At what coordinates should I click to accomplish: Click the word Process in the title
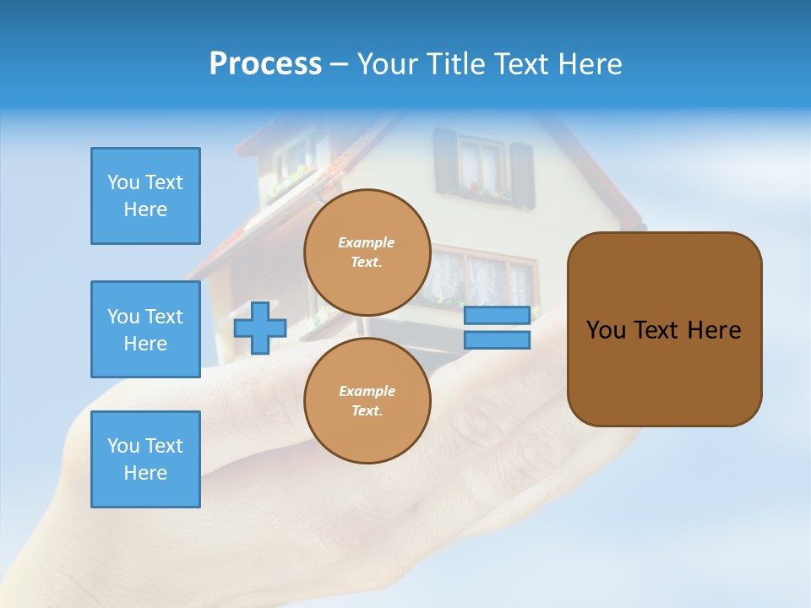(265, 64)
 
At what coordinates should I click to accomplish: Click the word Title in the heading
(457, 64)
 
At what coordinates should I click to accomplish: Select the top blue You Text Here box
(145, 196)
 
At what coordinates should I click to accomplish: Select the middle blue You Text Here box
(145, 329)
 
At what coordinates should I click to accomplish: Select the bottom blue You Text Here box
(145, 459)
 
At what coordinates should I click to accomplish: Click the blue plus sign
(260, 328)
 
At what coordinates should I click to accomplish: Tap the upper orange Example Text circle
(367, 252)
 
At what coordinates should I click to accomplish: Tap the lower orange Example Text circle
(367, 401)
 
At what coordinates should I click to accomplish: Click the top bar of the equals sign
(497, 315)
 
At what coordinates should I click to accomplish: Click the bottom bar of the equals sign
(497, 339)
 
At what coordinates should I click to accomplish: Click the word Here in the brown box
(714, 330)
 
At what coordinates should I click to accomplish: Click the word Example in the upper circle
(366, 242)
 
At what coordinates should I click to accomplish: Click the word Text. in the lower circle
(367, 411)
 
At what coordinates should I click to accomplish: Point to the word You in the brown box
(606, 330)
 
